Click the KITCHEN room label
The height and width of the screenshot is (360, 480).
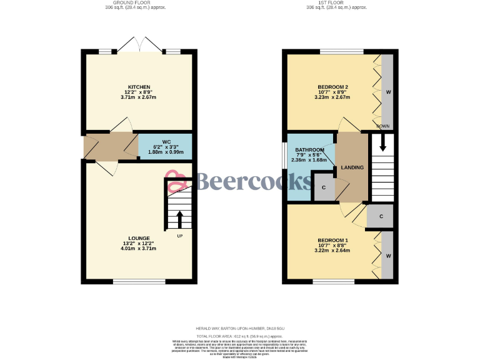[x=139, y=86]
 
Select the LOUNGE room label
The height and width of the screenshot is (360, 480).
[x=139, y=237]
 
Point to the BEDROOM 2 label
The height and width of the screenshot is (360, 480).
[x=332, y=86]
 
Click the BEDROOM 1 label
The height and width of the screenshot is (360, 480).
[x=332, y=240]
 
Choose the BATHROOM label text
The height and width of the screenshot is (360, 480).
[x=310, y=150]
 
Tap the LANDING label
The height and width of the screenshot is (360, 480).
[x=352, y=168]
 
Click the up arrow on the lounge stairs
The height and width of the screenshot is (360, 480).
[x=180, y=219]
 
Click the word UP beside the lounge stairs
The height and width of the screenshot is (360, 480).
[x=180, y=236]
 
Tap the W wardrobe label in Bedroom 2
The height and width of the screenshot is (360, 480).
[x=388, y=92]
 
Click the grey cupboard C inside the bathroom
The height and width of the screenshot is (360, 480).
[x=324, y=187]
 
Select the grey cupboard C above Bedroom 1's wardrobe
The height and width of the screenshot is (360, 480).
[x=380, y=216]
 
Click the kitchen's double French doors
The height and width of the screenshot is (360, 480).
[x=141, y=45]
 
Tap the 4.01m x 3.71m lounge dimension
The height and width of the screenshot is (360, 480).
[x=139, y=249]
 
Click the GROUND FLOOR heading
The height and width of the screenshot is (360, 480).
[x=139, y=3]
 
